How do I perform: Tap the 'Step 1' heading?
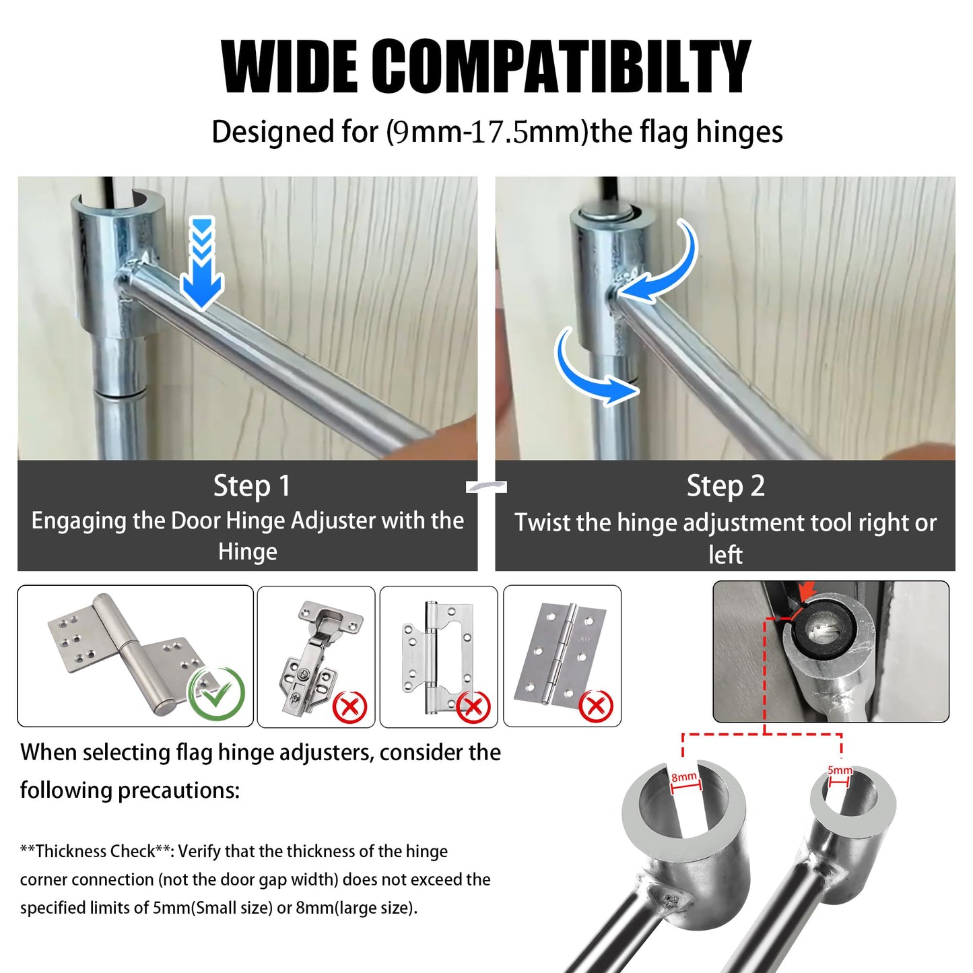coord(251,485)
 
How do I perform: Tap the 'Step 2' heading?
coord(725,485)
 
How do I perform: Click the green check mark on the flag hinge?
coord(217,692)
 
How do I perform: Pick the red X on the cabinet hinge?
coord(350,707)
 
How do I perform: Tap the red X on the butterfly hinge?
coord(473,707)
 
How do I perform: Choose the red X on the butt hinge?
coord(596,706)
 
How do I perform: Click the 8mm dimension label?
coord(684,778)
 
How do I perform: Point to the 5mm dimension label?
coord(840,770)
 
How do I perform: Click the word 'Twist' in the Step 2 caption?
coord(542,523)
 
